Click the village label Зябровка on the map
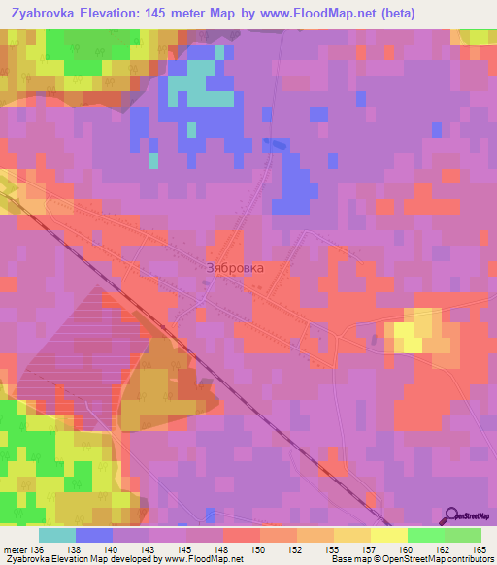[235, 268]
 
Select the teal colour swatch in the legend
[57, 535]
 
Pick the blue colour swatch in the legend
[94, 535]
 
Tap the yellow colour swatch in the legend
[389, 535]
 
